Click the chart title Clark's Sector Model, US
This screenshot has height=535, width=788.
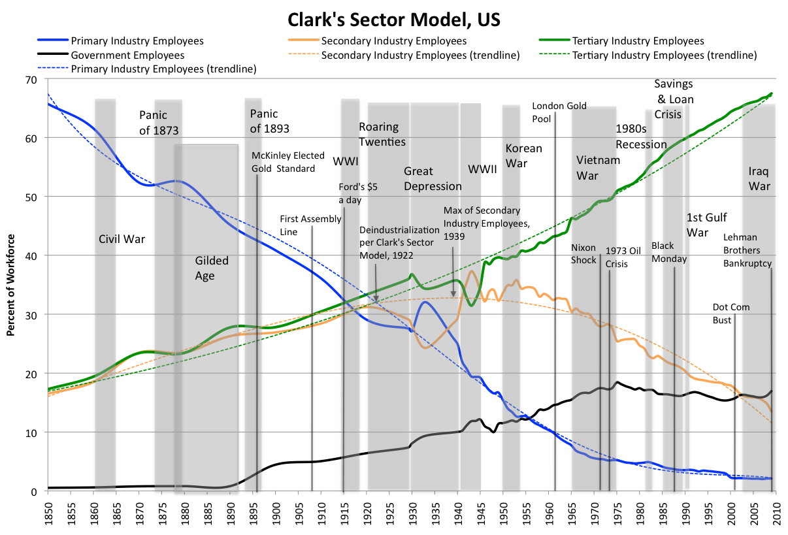[393, 19]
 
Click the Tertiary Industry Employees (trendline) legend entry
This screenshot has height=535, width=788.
[664, 56]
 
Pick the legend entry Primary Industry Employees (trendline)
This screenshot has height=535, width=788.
[163, 69]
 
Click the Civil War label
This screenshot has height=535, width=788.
[122, 239]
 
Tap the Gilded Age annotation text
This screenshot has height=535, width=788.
[212, 268]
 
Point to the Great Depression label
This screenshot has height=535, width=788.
[433, 178]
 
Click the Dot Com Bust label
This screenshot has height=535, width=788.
[731, 313]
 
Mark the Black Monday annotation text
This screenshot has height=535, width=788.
[669, 252]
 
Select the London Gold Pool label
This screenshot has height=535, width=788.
[559, 112]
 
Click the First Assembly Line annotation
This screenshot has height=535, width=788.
[307, 225]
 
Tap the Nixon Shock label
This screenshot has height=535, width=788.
[583, 253]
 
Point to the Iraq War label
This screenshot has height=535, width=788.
[759, 178]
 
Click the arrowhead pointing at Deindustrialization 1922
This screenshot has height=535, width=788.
[376, 301]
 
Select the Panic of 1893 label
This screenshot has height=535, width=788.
[269, 122]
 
